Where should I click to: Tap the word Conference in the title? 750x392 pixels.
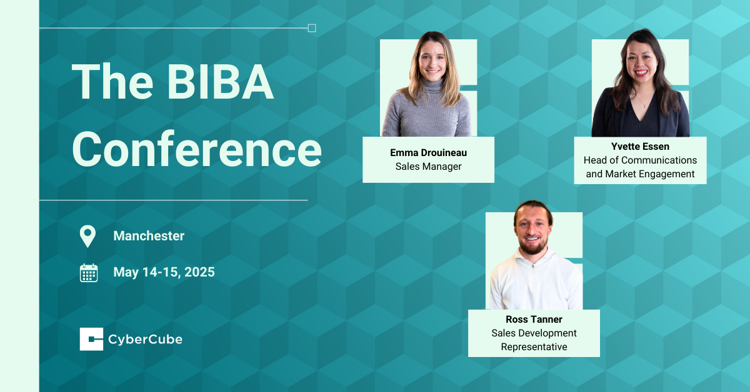[197, 150]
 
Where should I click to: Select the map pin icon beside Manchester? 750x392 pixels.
[88, 236]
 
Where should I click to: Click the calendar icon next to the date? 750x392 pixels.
[89, 273]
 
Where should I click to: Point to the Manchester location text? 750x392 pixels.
[149, 236]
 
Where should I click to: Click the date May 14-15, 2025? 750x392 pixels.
[164, 272]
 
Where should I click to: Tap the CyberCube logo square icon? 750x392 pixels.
[91, 340]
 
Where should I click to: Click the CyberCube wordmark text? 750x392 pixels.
[146, 340]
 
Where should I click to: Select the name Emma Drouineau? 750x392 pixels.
[428, 152]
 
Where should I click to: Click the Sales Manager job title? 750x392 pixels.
[428, 166]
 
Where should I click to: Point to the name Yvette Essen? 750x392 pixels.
[640, 147]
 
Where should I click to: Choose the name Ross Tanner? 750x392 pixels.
[534, 320]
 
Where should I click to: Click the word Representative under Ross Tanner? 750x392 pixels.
[534, 346]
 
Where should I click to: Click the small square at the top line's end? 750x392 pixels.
[312, 28]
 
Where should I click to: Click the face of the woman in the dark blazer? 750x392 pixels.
[637, 61]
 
